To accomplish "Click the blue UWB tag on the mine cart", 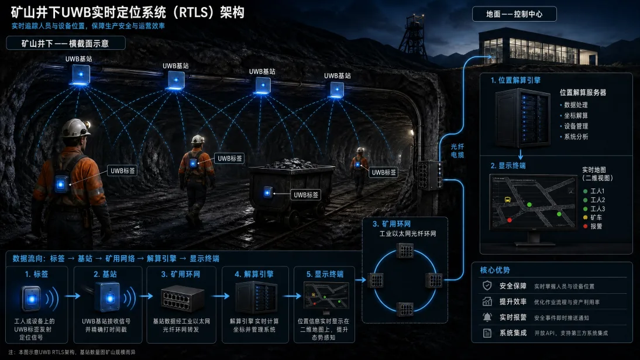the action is [x=268, y=192].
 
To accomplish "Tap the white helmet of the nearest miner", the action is [x=75, y=128].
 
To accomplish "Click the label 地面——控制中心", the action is [x=514, y=14].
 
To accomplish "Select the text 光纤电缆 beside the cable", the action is [x=457, y=150].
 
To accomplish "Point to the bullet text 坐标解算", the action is [x=576, y=116].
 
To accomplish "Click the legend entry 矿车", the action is [x=593, y=217].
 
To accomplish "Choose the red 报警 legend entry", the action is [x=593, y=227].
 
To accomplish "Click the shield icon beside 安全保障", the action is [x=487, y=286].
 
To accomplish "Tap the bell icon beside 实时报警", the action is [x=487, y=317].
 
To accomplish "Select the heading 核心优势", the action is [x=495, y=270].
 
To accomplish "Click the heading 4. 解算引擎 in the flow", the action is [x=254, y=274].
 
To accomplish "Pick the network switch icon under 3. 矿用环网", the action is [x=183, y=299].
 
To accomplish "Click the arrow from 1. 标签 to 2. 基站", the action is [x=73, y=296].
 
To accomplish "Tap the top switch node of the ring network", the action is [x=405, y=251].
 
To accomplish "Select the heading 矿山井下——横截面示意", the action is [x=66, y=43].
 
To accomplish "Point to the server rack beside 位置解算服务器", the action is [x=522, y=118].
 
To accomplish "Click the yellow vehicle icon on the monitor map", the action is [x=507, y=200].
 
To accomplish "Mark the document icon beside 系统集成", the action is [x=487, y=333].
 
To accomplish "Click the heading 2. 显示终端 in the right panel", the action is [x=508, y=166].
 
